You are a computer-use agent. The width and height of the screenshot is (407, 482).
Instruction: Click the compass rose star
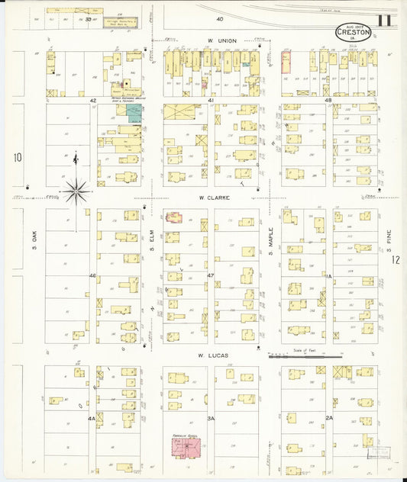click(x=76, y=190)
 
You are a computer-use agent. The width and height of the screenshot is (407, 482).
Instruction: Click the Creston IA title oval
click(x=354, y=32)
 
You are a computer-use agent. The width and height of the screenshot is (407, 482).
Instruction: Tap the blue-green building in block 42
click(x=134, y=114)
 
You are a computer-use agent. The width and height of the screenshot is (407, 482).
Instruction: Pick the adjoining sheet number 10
click(x=17, y=158)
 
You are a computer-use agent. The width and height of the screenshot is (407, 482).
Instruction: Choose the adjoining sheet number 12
click(x=396, y=260)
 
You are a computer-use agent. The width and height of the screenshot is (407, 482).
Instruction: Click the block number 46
click(x=92, y=275)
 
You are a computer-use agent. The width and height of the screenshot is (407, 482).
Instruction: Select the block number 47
click(x=210, y=275)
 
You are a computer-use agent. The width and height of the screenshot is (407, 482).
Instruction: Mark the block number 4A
click(x=92, y=418)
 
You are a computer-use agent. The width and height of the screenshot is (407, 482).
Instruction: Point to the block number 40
click(x=219, y=18)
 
